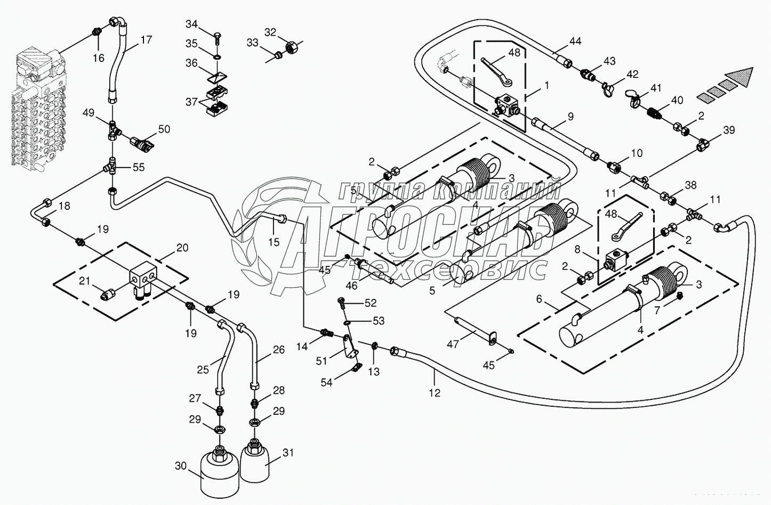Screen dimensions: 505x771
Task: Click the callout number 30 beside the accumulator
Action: (181, 465)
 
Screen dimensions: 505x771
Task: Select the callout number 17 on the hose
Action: (146, 39)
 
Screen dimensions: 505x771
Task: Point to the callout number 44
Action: (575, 42)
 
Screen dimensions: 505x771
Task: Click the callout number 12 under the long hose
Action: (435, 393)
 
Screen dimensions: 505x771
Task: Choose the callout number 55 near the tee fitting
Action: (139, 167)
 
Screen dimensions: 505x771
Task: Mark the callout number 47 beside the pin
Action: (453, 345)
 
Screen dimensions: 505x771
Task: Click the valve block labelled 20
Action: (143, 277)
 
